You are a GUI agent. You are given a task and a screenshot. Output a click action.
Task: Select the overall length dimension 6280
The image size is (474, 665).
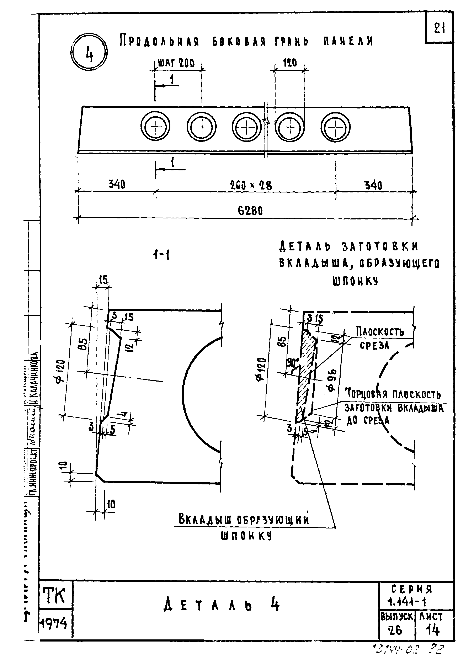(250, 210)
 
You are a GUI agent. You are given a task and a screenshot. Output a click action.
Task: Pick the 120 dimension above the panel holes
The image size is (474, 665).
(290, 63)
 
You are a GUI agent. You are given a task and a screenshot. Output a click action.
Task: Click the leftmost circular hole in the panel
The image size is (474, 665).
(156, 127)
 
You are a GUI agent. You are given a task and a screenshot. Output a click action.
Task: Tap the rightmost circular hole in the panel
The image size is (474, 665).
(336, 127)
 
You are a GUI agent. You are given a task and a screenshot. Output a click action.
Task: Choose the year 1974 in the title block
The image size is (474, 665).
(53, 624)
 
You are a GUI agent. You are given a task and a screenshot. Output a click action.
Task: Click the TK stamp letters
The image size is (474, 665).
(54, 596)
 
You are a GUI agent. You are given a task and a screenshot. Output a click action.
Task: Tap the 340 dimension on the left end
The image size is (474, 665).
(117, 184)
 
